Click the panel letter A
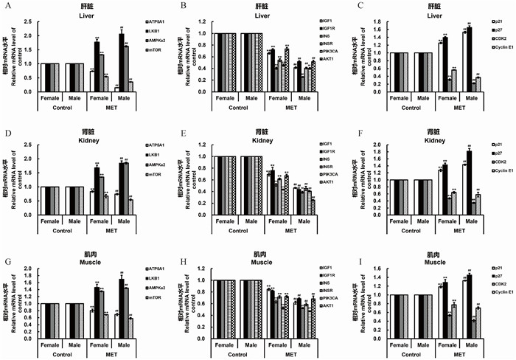(5, 7)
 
